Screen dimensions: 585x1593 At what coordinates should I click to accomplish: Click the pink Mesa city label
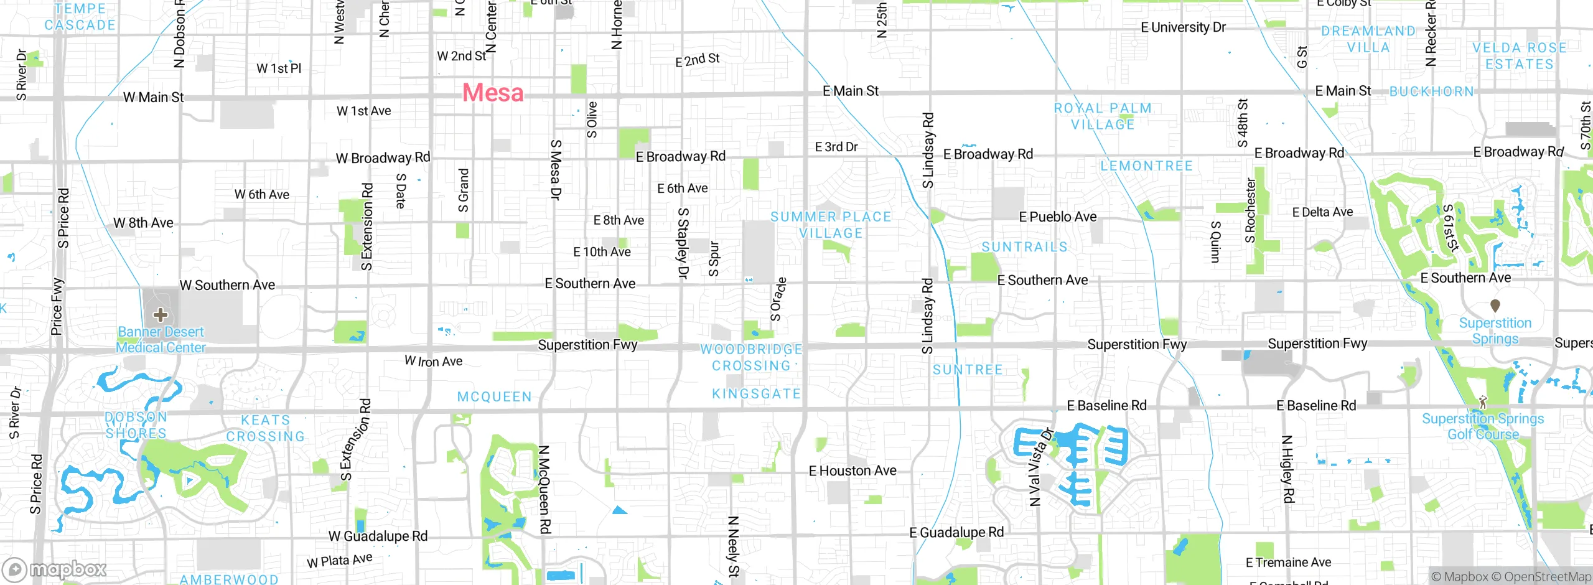point(493,93)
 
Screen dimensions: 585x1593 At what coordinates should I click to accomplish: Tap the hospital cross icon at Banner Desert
point(161,314)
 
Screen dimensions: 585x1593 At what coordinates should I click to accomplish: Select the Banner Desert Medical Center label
point(161,340)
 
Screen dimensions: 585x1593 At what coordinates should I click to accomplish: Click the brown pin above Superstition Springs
point(1495,306)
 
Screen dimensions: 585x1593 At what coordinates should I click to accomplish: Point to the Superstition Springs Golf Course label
point(1483,426)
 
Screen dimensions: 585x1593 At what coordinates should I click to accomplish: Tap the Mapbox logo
point(55,569)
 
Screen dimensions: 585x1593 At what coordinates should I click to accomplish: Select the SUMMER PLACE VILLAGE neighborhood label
point(831,225)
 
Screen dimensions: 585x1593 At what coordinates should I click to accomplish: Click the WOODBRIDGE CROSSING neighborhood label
point(751,358)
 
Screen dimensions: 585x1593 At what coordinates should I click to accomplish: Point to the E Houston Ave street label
point(853,471)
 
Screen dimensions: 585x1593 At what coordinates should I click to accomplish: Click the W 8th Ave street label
point(143,223)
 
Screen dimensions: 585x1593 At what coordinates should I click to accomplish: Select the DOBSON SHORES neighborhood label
point(136,425)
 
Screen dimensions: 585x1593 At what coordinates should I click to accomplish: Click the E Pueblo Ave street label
point(1057,217)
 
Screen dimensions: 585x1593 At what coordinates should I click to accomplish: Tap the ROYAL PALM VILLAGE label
point(1103,116)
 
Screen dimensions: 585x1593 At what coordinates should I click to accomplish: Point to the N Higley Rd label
point(1287,469)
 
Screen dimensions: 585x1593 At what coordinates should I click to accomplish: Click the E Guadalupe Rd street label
point(956,533)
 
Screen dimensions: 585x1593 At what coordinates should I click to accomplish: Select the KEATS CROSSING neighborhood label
point(266,428)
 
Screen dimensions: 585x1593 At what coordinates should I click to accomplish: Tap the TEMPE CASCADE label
point(80,17)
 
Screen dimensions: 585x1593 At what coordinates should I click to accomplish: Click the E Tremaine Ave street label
point(1288,563)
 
